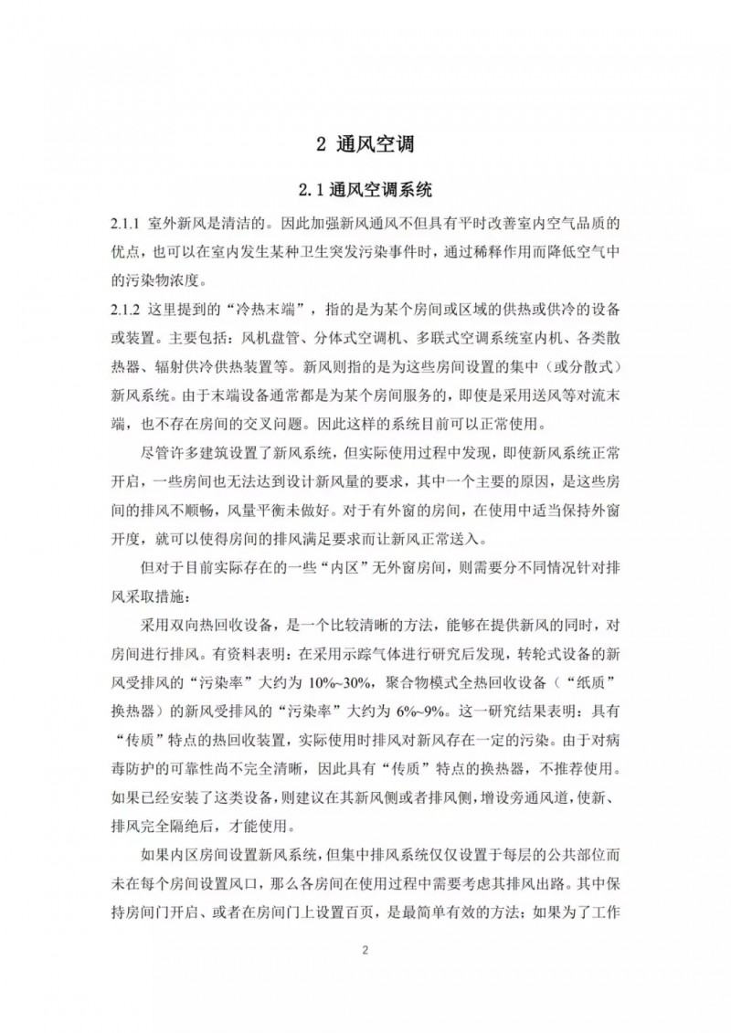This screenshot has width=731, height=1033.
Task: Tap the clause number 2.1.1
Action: [124, 224]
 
